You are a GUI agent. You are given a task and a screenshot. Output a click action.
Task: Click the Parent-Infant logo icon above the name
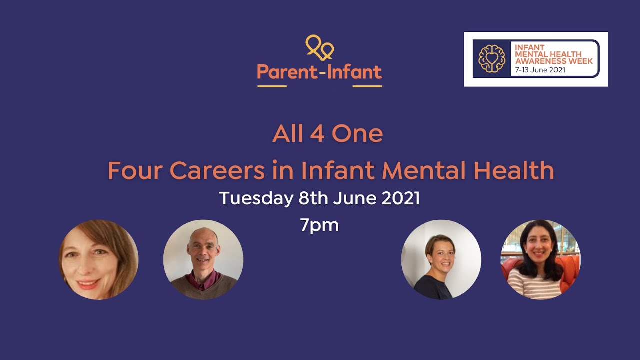click(319, 48)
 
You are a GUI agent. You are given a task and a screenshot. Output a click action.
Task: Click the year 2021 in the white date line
click(401, 199)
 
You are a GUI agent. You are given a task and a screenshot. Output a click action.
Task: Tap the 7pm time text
click(319, 225)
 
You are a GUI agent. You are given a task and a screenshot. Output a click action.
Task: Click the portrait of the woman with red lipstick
click(99, 259)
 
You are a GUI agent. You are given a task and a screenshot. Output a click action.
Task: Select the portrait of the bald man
click(203, 259)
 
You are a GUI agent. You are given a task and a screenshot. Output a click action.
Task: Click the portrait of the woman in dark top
click(441, 259)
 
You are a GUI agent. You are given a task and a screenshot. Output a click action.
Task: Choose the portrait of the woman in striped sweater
click(541, 259)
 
